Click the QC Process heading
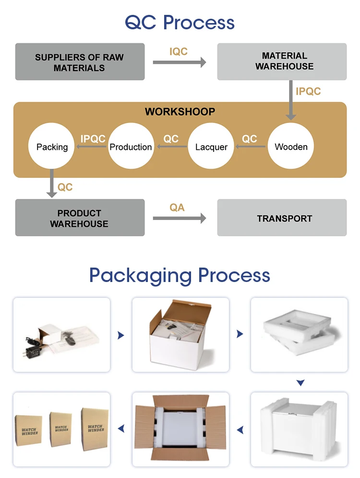tap(180, 22)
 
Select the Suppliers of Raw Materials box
tap(80, 62)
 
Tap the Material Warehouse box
tap(282, 61)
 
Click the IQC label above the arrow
tap(179, 51)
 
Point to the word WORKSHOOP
tap(180, 112)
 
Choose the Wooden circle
tap(291, 147)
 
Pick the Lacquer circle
tap(211, 147)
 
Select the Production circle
tap(131, 147)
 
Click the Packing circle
tap(52, 147)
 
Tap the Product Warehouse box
tap(80, 218)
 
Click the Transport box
tap(282, 219)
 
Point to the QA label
tap(177, 208)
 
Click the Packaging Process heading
tap(180, 275)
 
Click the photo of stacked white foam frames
tap(299, 335)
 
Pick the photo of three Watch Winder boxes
tap(61, 429)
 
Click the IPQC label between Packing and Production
tap(93, 139)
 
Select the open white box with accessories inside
tap(180, 335)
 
